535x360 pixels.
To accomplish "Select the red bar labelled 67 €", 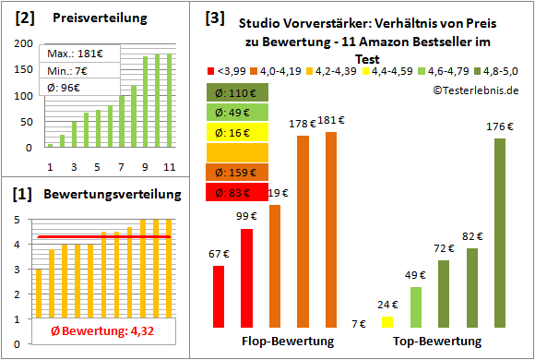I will click(219, 295).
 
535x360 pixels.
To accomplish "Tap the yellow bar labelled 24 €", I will click(386, 320).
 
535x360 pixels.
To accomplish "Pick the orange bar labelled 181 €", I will click(331, 229).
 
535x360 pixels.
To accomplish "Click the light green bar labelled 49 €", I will click(415, 306).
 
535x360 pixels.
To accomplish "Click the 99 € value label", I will click(246, 216).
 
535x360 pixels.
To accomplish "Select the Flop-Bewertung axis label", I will click(287, 342).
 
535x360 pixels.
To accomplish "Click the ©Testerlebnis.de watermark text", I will click(476, 89).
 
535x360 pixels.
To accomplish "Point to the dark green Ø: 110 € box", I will click(237, 92).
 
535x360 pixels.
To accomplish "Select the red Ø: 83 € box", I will click(237, 193).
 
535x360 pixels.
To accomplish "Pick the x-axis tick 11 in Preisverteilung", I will click(169, 166).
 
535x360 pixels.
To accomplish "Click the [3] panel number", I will click(214, 18).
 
